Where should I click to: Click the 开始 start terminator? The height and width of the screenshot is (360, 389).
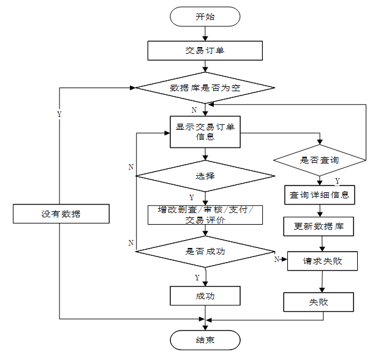[x=205, y=17]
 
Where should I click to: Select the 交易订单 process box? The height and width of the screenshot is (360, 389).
[x=205, y=50]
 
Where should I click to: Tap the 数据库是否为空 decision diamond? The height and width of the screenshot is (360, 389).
[x=205, y=88]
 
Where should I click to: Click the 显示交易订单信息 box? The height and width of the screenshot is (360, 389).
[x=205, y=132]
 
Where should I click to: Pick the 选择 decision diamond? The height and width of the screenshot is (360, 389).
[x=205, y=176]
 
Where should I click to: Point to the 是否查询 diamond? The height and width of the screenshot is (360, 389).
[x=319, y=160]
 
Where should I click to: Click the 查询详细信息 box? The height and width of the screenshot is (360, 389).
[x=319, y=195]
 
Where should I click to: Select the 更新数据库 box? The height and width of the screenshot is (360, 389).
[x=319, y=226]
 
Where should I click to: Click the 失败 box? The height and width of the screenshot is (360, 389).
[x=319, y=302]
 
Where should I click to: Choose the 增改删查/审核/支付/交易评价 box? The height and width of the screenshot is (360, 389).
[x=205, y=215]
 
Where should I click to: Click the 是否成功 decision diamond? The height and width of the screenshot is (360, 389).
[x=205, y=251]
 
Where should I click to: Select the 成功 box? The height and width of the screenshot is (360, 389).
[x=205, y=296]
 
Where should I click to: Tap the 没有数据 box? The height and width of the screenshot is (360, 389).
[x=61, y=214]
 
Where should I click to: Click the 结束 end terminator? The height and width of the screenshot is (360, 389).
[x=205, y=340]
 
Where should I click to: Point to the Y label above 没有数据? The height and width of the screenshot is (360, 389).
[x=59, y=114]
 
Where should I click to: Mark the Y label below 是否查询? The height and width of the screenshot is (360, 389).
[x=338, y=181]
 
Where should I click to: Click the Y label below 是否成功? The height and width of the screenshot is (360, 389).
[x=197, y=277]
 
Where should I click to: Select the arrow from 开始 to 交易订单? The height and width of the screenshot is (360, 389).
[x=205, y=34]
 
